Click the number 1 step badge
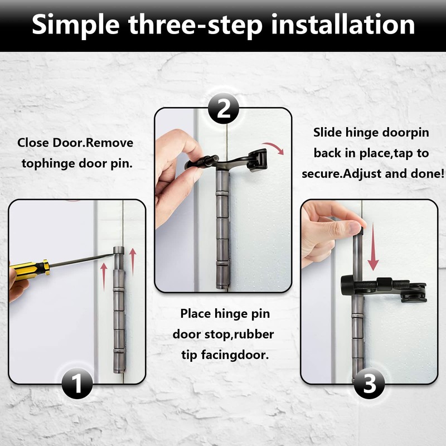coord(77,383)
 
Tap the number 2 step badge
coord(224,108)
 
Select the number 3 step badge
coord(369,383)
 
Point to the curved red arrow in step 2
coord(274,147)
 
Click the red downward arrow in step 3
coord(373,246)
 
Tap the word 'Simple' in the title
coord(76,26)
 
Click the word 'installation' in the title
coord(343,25)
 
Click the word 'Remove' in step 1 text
coord(109,143)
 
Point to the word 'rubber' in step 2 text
coord(254,334)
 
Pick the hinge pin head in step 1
coord(119,250)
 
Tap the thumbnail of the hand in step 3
coord(355,227)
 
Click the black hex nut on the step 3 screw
coord(385,284)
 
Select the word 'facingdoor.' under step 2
coord(225,355)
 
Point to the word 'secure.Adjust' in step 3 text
coord(341,173)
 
